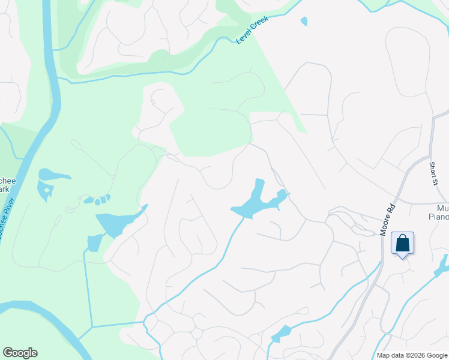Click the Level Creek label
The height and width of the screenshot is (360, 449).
point(252,29)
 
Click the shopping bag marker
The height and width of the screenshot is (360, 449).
point(402,244)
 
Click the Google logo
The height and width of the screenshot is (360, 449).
point(20,353)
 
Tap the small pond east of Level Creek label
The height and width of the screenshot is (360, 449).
point(304,21)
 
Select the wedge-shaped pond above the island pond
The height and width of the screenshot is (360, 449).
point(53,175)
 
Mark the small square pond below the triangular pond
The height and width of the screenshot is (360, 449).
point(95,242)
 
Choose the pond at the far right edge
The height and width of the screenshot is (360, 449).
point(444,265)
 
